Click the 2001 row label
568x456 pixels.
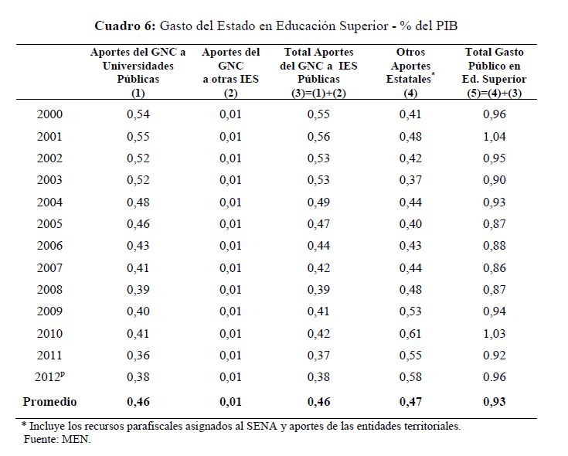tap(50, 137)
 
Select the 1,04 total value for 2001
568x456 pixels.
tap(494, 137)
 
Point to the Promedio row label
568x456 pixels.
tap(50, 402)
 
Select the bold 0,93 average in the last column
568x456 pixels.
tap(494, 402)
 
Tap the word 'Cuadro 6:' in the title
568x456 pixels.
tap(126, 26)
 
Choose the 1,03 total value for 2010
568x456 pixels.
tap(494, 334)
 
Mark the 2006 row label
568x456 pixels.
tap(50, 247)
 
